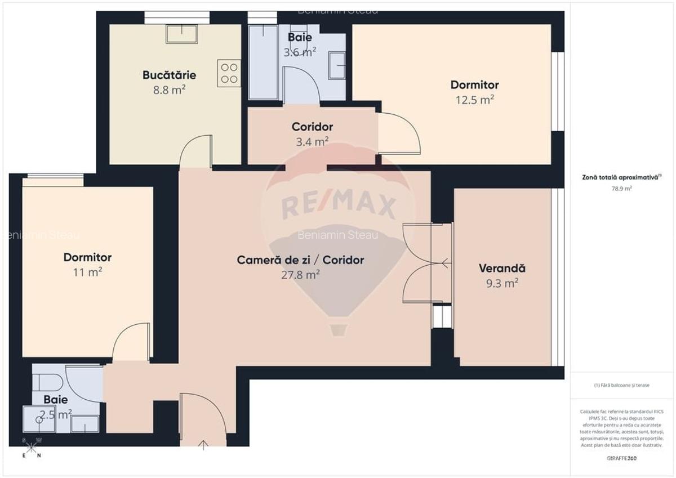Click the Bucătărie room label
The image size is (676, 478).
click(x=169, y=75)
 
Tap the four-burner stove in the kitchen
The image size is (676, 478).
click(x=229, y=73)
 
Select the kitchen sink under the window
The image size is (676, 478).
click(x=181, y=34)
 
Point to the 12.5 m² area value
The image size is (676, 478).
click(x=474, y=100)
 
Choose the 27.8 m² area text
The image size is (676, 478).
click(x=300, y=275)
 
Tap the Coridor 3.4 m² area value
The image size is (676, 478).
click(x=312, y=142)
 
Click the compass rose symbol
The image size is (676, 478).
click(x=32, y=448)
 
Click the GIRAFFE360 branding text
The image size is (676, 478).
click(x=622, y=458)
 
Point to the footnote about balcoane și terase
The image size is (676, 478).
click(x=621, y=385)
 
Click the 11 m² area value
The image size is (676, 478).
click(x=87, y=272)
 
